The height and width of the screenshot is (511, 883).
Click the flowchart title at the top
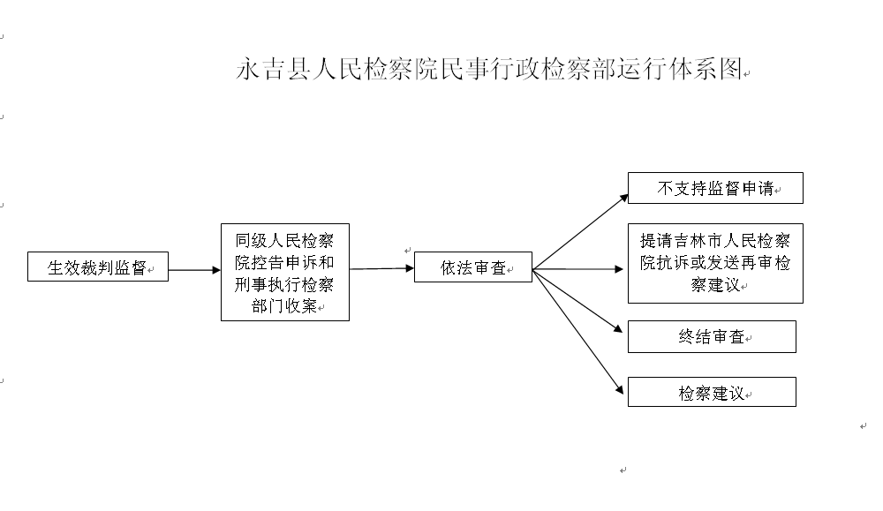pos(489,69)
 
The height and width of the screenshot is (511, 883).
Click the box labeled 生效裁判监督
pos(98,267)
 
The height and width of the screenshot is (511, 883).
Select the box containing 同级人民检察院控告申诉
pos(285,273)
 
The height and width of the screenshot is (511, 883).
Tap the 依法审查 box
pos(473,267)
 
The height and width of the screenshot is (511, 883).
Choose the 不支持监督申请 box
pos(715,188)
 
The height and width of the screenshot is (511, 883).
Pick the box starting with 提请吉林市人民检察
pos(715,263)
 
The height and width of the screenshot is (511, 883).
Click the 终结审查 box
pos(712,336)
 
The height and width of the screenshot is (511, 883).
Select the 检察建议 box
pos(712,392)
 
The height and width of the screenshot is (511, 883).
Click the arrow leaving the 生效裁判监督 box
pos(194,270)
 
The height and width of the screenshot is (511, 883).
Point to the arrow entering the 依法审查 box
pos(381,268)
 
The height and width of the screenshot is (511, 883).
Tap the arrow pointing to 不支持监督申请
pos(580,232)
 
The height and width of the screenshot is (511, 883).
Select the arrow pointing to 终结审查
pos(577,301)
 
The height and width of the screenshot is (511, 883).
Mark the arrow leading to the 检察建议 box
pos(577,332)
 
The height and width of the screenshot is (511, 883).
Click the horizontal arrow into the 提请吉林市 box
pos(577,269)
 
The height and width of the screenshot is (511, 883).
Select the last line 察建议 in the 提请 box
pos(715,285)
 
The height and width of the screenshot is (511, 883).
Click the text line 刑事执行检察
pos(284,284)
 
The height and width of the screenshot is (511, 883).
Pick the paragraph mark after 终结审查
pos(749,339)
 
